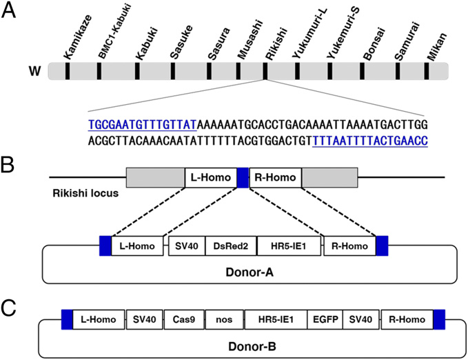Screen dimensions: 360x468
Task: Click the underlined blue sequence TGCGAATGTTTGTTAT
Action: [142, 125]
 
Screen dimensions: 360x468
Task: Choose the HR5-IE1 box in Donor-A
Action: [289, 246]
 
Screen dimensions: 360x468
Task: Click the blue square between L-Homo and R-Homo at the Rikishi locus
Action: [242, 178]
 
